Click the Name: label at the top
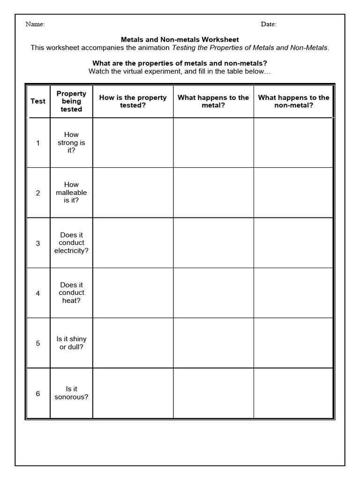click(x=35, y=24)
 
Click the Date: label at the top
click(x=269, y=24)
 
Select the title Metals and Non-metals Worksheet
click(x=180, y=40)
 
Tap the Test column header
click(x=38, y=101)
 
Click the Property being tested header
click(x=71, y=101)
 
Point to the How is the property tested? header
click(x=133, y=101)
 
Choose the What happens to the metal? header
click(x=213, y=101)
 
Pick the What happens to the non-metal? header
click(x=293, y=101)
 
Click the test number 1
click(x=38, y=143)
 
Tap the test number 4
click(x=38, y=293)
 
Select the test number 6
click(x=38, y=393)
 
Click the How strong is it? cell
click(x=71, y=142)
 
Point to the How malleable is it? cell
click(x=71, y=192)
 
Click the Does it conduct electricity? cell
click(x=71, y=243)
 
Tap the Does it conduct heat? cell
click(x=71, y=292)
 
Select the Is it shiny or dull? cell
click(x=71, y=343)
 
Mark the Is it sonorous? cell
click(x=71, y=393)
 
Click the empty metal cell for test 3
click(x=213, y=243)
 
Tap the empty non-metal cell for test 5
click(x=293, y=343)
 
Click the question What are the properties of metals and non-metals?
click(x=180, y=63)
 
